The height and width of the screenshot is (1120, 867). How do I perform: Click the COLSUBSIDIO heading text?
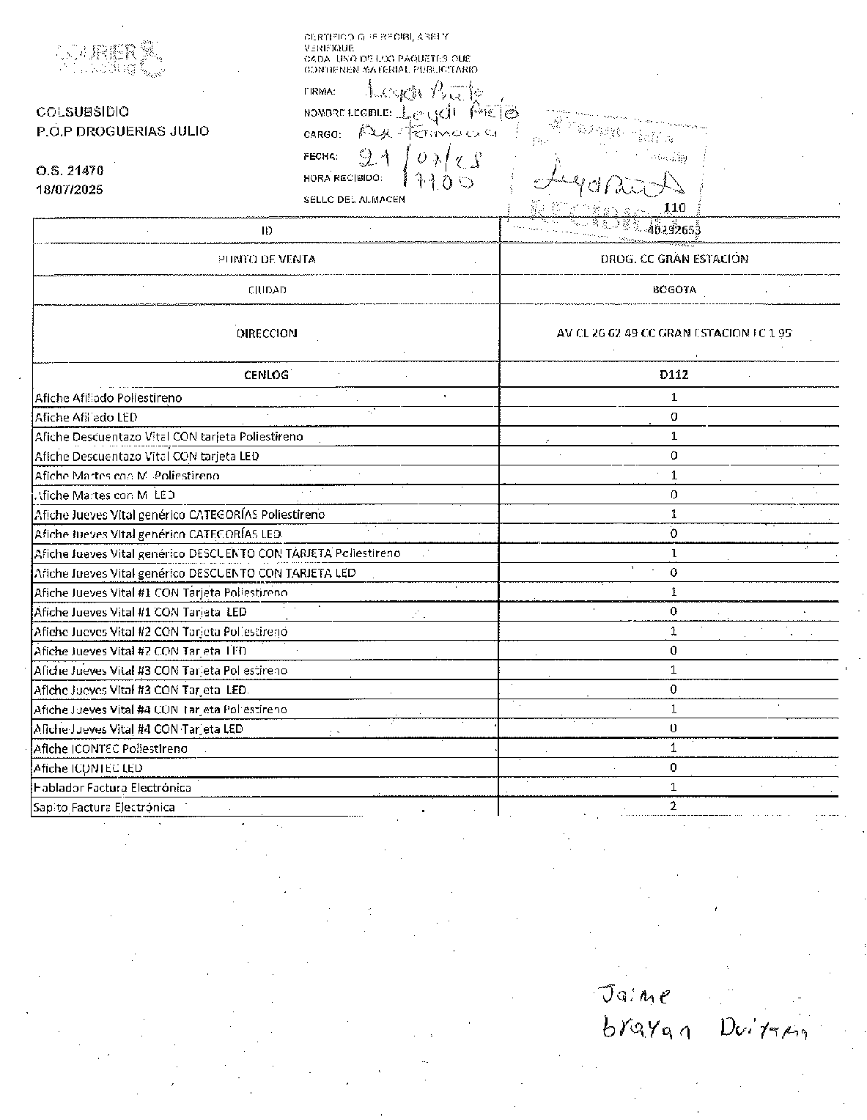coord(82,111)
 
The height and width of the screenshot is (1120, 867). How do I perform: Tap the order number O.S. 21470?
coord(70,170)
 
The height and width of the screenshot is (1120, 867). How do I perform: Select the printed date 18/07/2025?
coord(70,189)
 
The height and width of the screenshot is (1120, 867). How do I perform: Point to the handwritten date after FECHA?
coord(421,158)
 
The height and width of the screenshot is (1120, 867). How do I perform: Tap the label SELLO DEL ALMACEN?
coord(354,199)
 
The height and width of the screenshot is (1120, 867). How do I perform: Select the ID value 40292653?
coord(674,229)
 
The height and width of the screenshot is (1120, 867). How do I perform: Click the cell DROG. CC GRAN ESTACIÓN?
coord(674,259)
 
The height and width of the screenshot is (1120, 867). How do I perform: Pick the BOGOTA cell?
coord(674,290)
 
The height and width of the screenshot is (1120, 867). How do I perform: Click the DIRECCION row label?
coord(267,333)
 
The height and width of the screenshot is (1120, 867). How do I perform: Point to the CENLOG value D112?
coord(674,375)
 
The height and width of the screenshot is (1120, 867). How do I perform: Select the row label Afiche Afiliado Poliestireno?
coord(108,398)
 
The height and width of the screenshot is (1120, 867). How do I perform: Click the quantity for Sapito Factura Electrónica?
coord(674,806)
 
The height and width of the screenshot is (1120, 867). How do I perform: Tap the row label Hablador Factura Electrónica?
coord(112,787)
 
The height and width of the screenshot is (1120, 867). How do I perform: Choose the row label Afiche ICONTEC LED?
coord(88,768)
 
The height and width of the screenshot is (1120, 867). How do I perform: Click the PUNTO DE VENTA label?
coord(267,259)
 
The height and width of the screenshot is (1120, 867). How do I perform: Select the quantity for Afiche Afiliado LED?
coord(674,416)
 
